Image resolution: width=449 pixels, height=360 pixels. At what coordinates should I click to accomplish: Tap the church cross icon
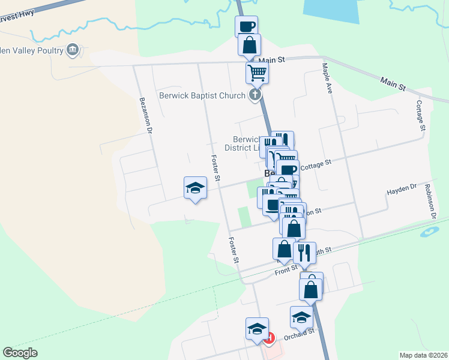256,95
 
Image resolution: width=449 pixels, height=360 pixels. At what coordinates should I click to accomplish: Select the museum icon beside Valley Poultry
73,50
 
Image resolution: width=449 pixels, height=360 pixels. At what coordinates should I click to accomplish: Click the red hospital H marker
269,339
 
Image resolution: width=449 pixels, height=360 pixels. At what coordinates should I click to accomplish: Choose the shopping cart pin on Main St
257,73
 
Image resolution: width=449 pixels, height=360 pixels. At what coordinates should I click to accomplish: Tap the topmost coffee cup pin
247,26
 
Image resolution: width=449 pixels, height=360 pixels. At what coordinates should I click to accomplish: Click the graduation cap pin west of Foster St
194,188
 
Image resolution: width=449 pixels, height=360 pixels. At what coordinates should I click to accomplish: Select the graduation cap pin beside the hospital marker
257,329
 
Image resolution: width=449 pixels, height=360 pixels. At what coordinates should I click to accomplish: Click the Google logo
20,353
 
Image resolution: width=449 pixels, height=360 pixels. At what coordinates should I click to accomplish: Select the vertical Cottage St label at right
421,116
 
